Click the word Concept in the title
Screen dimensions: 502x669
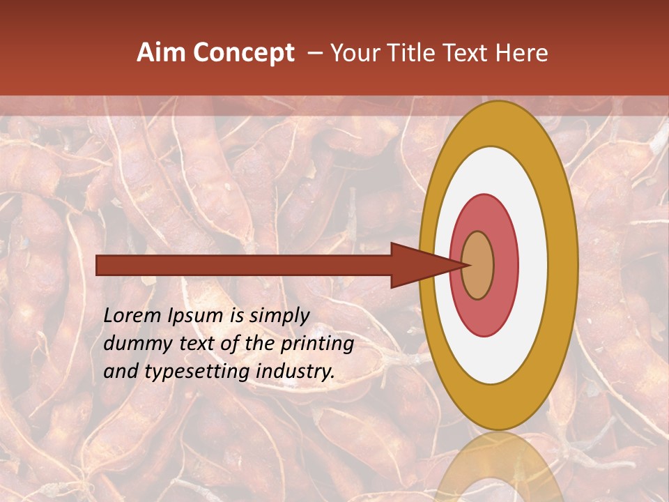pos(243,54)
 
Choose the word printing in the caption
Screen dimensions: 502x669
pos(318,344)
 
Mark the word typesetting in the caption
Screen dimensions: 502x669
pos(185,372)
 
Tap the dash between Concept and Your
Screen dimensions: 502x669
pos(314,54)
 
